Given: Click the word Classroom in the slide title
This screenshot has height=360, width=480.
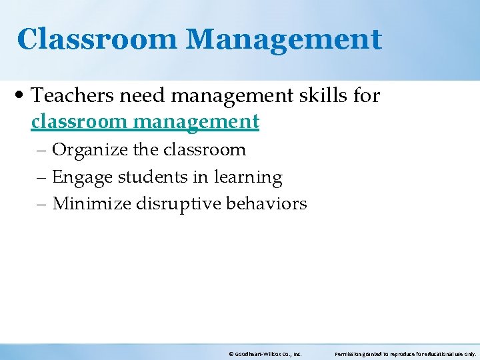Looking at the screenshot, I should (x=97, y=39).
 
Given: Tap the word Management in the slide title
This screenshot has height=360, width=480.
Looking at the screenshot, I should (x=284, y=39).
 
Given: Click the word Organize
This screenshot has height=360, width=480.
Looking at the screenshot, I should (x=91, y=150).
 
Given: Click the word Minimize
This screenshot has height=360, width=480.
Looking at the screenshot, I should (x=91, y=203).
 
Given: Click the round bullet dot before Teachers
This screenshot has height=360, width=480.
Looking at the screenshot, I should (x=23, y=97).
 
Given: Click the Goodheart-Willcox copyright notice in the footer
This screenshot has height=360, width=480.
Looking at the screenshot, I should (x=265, y=355).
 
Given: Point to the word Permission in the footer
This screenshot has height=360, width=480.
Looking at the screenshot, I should (x=348, y=355).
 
